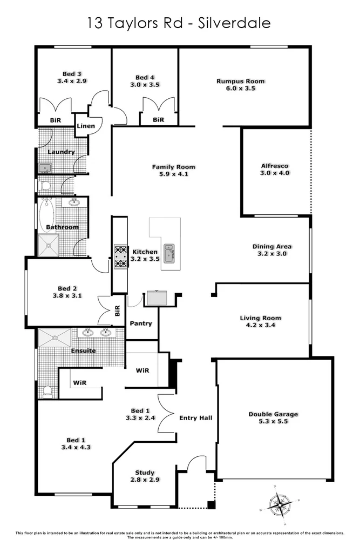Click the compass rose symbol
tap(279, 505)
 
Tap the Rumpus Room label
tap(240, 82)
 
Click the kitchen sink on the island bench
tap(169, 253)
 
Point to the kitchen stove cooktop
tap(120, 256)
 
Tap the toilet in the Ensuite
tap(47, 391)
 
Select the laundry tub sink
tap(44, 168)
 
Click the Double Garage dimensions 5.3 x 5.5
tap(273, 422)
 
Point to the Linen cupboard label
tap(86, 126)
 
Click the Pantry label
tap(141, 323)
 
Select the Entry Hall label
tap(195, 417)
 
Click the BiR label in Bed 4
tap(158, 120)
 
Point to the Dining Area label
tap(273, 247)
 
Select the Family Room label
tap(173, 167)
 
